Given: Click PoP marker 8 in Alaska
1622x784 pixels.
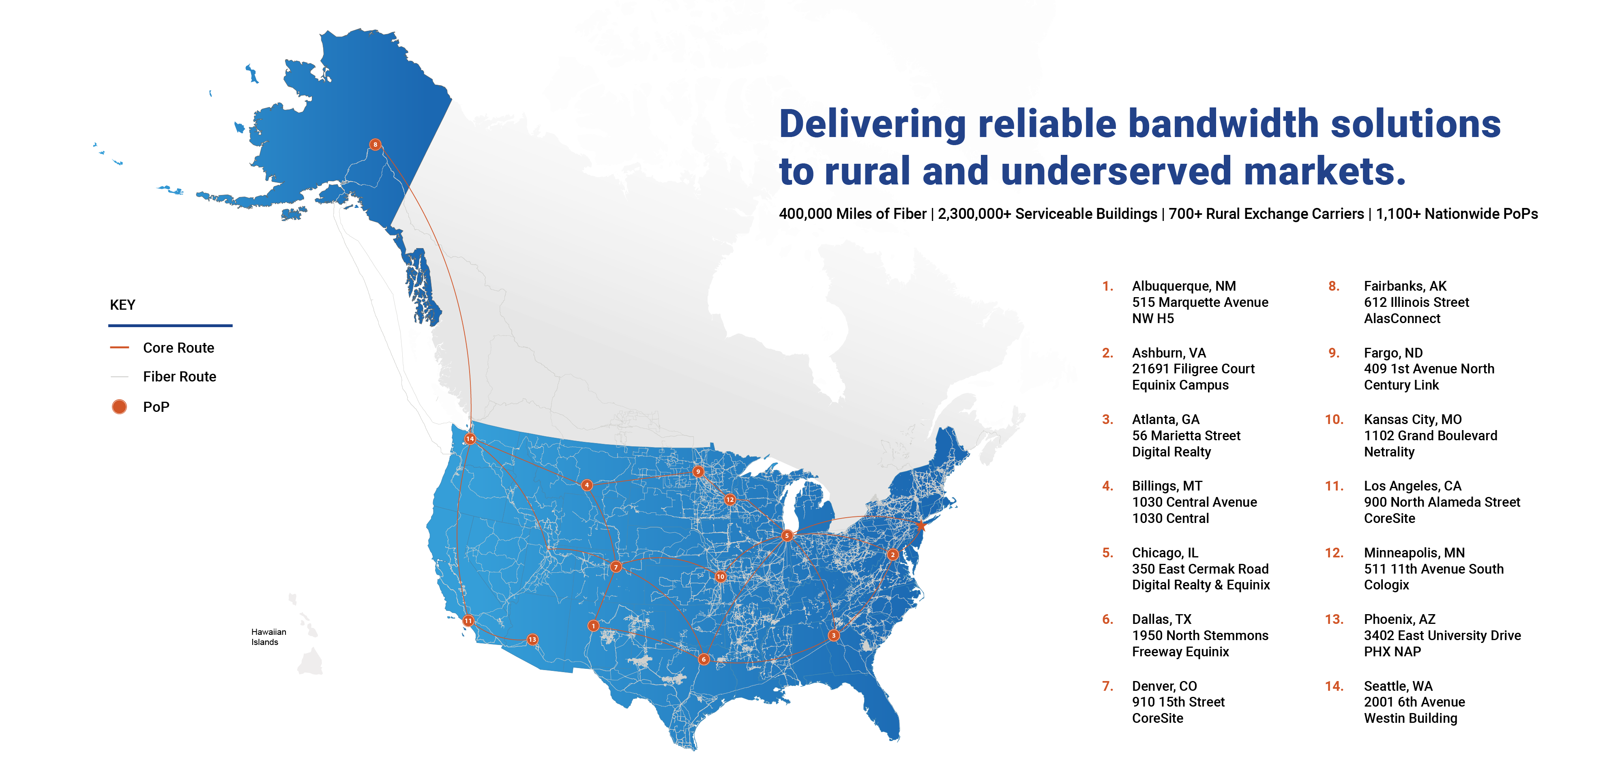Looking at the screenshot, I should coord(375,145).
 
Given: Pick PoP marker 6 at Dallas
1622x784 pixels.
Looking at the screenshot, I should coord(704,659).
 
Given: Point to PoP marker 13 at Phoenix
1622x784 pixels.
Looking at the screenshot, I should coord(533,640).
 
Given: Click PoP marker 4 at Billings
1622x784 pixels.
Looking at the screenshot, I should coord(587,485).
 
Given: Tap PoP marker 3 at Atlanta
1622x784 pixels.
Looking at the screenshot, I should coord(834,635).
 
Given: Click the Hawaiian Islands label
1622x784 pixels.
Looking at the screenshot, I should coord(268,637).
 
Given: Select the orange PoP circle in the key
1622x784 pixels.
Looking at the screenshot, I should coord(119,407).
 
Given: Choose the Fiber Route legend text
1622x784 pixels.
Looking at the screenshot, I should coord(180,377).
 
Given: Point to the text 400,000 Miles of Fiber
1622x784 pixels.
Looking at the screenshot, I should coord(852,214).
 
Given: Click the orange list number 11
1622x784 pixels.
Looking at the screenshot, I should coord(1334,486).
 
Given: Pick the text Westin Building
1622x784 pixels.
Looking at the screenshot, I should coord(1410,718).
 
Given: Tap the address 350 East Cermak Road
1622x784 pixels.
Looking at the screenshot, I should coord(1199,569).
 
